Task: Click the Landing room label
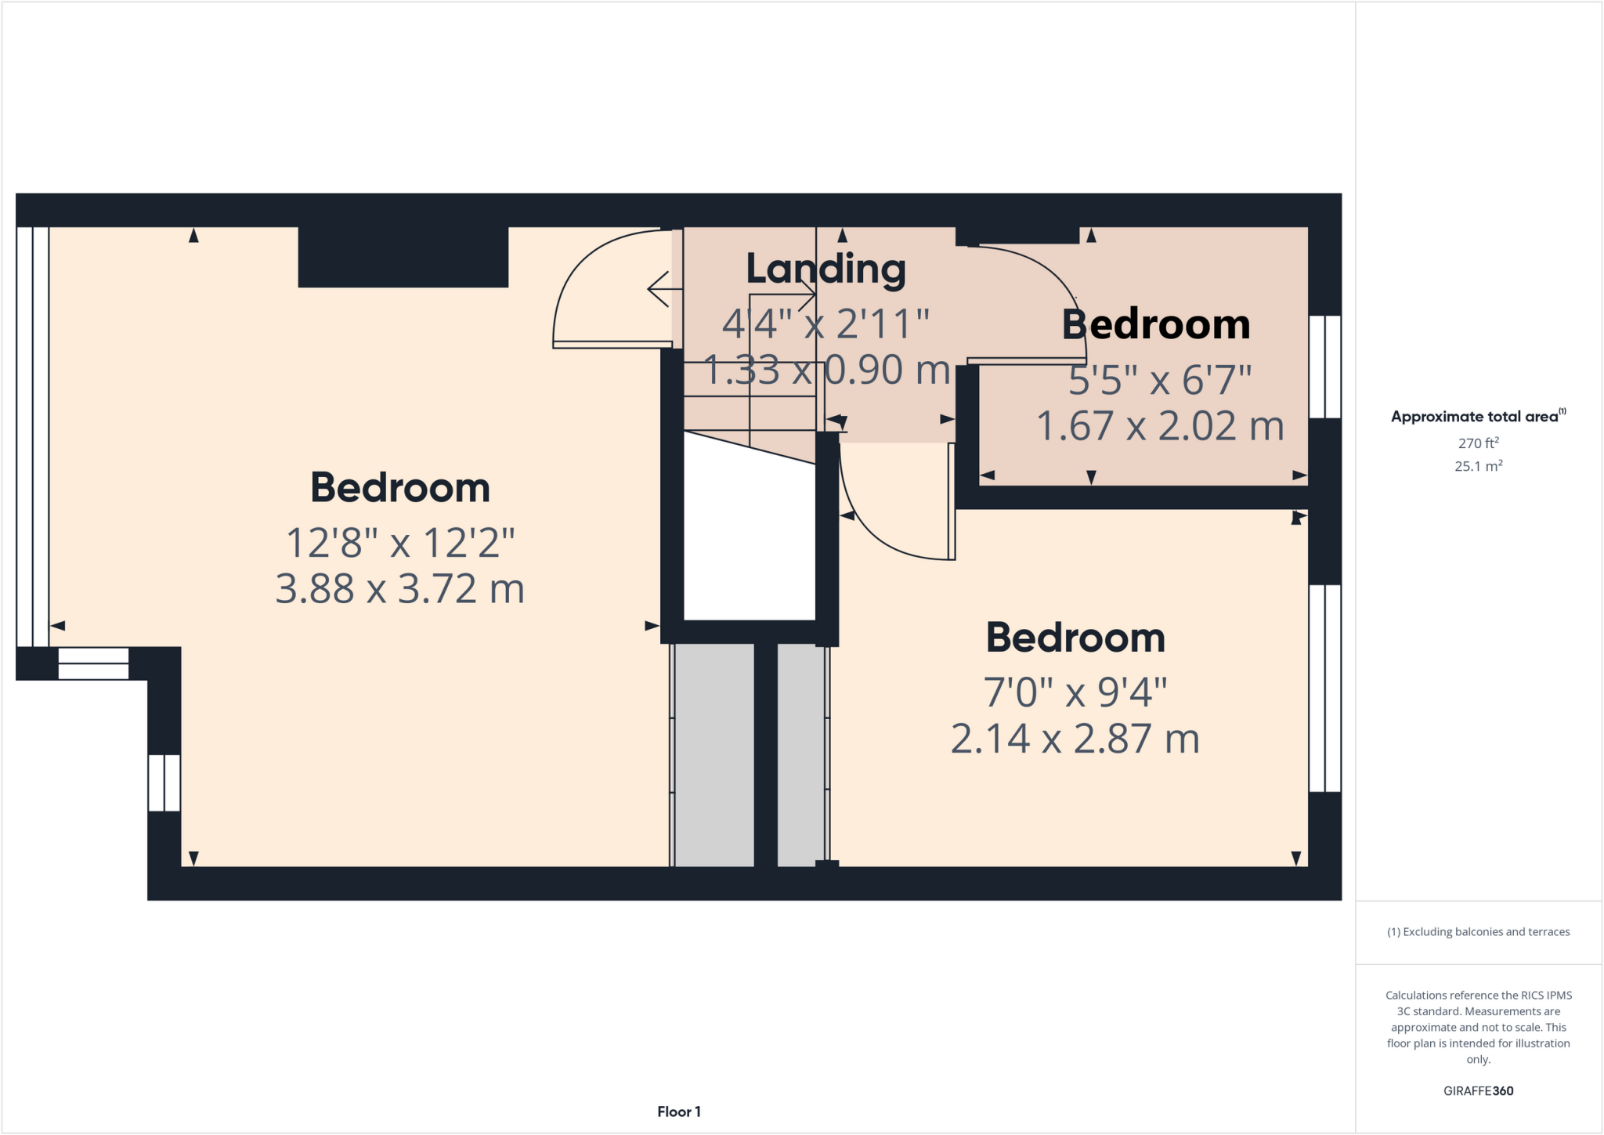(825, 269)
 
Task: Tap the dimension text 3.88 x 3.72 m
(399, 589)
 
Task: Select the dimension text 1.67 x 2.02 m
(1160, 426)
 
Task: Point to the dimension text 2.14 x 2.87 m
(1075, 739)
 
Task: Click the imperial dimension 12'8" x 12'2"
(399, 542)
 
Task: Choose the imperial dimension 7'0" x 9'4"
(1075, 692)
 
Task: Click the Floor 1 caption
(678, 1112)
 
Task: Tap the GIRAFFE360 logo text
(1478, 1090)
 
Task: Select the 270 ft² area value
(1478, 443)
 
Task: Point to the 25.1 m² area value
(1478, 466)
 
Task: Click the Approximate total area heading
(1477, 417)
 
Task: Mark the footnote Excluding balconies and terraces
(1478, 932)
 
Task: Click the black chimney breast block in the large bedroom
(403, 257)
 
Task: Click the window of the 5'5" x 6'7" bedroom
(1324, 367)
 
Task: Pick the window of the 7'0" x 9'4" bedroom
(1324, 688)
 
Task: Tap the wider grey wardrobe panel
(713, 755)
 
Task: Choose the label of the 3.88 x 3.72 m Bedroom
(399, 488)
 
